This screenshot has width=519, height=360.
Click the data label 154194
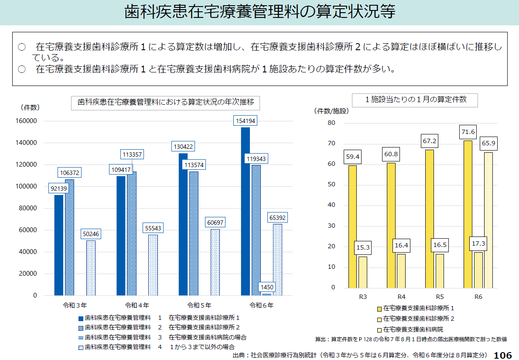[245, 121]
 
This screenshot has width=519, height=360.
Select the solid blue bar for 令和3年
[58, 245]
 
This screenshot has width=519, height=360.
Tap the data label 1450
[266, 287]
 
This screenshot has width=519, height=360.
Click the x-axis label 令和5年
[199, 305]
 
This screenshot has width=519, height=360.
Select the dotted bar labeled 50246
[91, 267]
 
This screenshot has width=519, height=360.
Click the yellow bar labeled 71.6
[468, 214]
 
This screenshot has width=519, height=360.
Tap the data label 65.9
[488, 143]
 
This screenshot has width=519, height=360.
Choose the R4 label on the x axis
[401, 297]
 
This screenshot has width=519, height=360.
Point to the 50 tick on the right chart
[331, 185]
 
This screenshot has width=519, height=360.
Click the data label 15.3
[363, 247]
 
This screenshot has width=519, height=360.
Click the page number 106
[503, 355]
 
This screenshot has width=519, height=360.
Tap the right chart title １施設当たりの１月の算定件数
[416, 99]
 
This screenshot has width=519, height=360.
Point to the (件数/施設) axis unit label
[332, 111]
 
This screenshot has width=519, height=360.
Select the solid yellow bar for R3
[352, 226]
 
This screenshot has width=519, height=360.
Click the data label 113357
[132, 154]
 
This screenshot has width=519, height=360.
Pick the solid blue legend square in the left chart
[80, 318]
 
